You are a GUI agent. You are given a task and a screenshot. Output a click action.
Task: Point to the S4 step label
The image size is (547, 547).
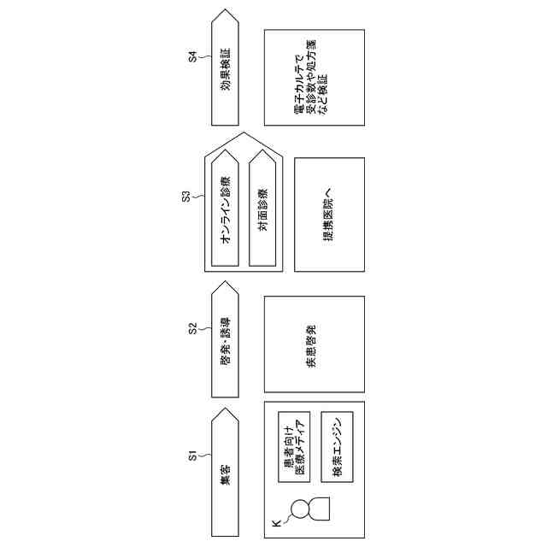point(192,57)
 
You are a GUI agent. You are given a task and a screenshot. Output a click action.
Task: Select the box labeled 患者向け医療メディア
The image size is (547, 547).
point(295,445)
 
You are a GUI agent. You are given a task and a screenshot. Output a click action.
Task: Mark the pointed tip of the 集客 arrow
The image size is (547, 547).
point(225,409)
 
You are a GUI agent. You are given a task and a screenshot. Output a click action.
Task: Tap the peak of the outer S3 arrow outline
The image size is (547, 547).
point(244,133)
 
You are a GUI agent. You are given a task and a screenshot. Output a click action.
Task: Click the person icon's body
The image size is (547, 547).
point(321,510)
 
